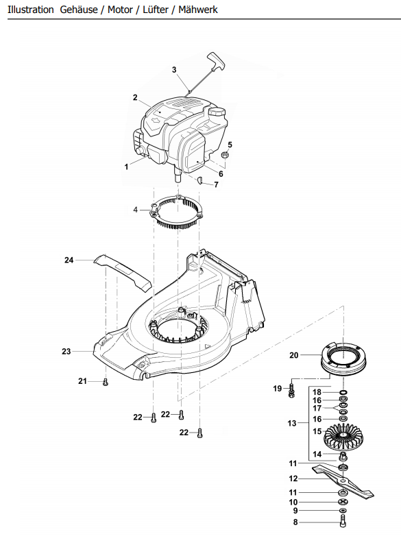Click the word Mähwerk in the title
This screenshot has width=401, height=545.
[x=197, y=10]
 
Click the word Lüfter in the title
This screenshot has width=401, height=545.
[x=156, y=10]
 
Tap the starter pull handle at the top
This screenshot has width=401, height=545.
[x=216, y=60]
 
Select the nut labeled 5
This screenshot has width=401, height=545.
[x=225, y=154]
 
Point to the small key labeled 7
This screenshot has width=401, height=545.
[x=200, y=180]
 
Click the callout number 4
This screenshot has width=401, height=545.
[x=136, y=210]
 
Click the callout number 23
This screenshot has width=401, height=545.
[x=66, y=352]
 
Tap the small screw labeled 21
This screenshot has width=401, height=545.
[x=106, y=383]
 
